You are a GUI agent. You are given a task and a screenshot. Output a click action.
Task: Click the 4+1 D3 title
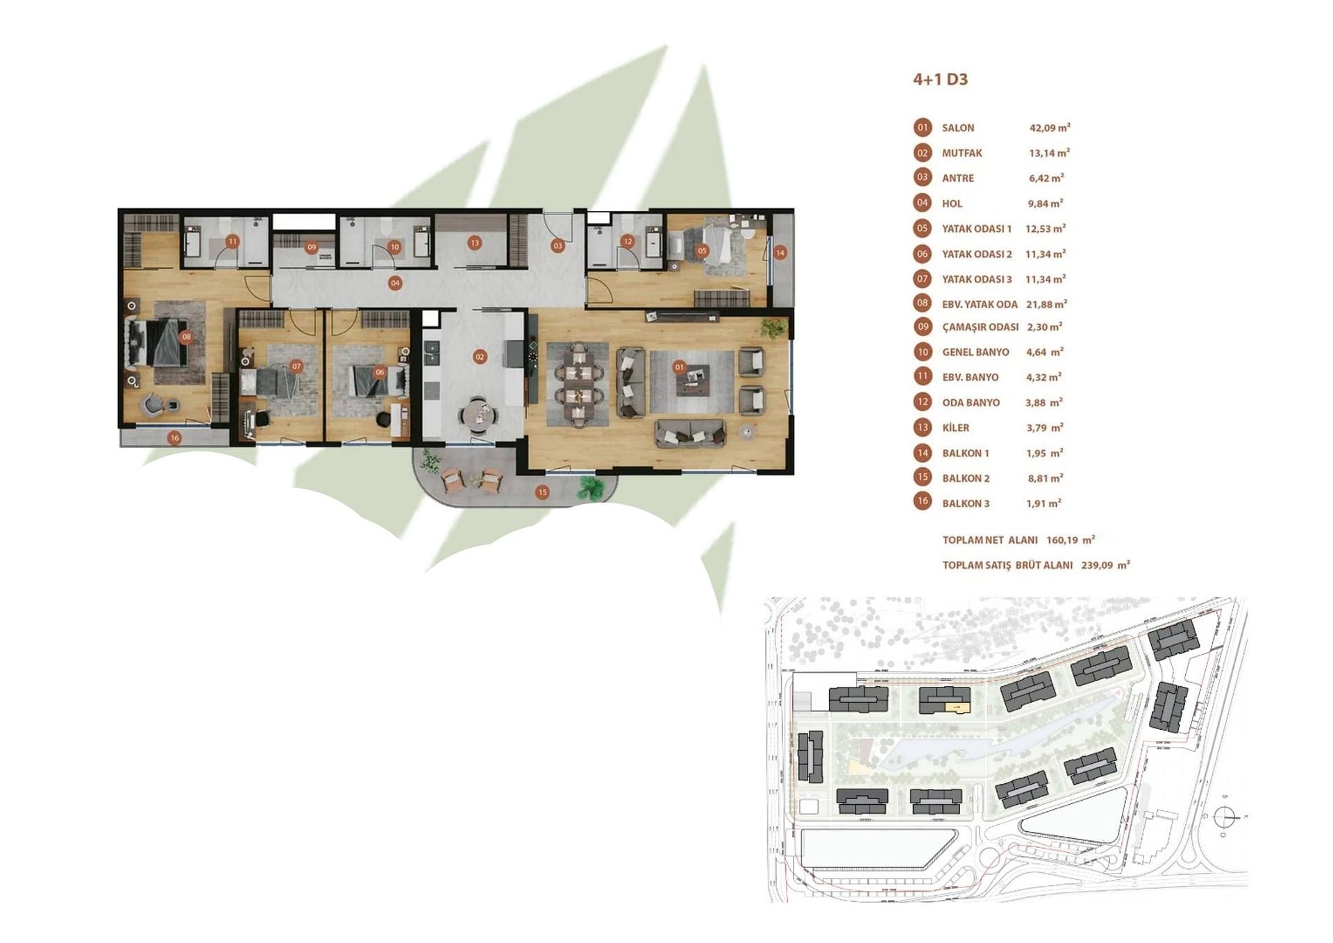coord(939,79)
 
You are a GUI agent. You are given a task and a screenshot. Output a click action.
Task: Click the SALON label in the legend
coord(957,128)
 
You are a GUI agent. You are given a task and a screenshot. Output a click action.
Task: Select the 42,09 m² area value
coord(1049,128)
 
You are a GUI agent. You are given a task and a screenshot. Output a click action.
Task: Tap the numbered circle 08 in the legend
coord(922,303)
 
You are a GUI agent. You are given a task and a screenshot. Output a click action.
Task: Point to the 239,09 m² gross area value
coord(1105,565)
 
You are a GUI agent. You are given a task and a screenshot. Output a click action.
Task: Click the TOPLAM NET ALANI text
coord(989,540)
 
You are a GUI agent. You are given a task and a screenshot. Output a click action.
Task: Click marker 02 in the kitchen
coord(480,357)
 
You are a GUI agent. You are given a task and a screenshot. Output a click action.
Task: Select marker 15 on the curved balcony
coord(542,492)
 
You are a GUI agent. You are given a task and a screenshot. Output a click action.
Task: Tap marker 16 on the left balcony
coord(174,437)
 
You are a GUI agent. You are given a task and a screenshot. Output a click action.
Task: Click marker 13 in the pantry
coord(474,242)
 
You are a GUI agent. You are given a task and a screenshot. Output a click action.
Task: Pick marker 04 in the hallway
coord(394,283)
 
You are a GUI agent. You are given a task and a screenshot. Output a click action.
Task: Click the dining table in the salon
coord(578,384)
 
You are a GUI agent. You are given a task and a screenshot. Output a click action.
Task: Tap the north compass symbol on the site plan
coord(1225,817)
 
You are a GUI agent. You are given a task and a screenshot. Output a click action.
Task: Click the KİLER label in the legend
coord(955,428)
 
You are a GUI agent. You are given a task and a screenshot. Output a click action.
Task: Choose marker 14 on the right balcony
coord(780,253)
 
